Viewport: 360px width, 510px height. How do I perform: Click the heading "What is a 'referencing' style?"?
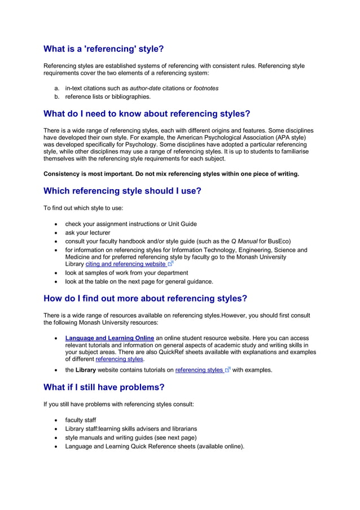[x=104, y=49]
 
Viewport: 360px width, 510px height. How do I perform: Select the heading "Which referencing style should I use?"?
[x=122, y=191]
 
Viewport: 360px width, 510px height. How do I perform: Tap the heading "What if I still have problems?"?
[x=104, y=387]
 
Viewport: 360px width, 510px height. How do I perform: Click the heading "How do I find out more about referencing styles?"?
[x=146, y=298]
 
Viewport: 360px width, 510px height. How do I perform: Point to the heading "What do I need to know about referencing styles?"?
[x=147, y=114]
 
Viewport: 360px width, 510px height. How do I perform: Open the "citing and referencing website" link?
[x=126, y=264]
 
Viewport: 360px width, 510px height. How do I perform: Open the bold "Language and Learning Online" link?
[x=109, y=338]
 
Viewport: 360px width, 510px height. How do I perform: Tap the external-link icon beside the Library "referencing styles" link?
[x=227, y=370]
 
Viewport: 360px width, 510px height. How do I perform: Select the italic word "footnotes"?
[x=206, y=88]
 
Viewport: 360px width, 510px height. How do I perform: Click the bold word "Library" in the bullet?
[x=86, y=370]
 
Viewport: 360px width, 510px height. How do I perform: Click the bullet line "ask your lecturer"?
[x=87, y=233]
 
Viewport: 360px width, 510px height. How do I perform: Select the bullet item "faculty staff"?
[x=80, y=420]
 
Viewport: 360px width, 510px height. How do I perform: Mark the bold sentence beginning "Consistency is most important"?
[x=171, y=173]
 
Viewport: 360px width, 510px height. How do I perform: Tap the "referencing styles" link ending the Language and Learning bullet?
[x=120, y=359]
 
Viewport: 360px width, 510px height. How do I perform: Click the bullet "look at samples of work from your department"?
[x=126, y=273]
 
